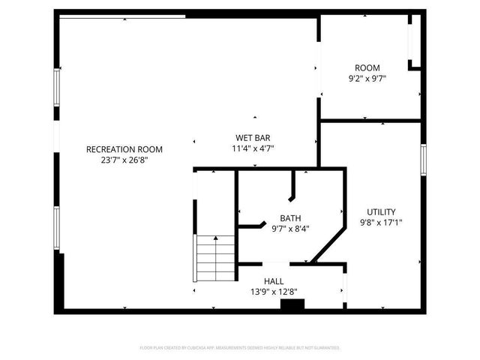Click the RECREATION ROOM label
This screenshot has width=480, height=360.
[124, 149]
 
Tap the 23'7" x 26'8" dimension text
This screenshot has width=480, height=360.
[124, 160]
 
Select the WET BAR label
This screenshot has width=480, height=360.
[253, 138]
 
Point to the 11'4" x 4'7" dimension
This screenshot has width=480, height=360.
[253, 148]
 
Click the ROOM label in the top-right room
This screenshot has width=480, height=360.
[367, 67]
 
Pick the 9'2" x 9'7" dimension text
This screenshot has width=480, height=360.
[367, 78]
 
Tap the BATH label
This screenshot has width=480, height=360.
[290, 218]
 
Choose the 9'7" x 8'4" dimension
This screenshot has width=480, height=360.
[290, 229]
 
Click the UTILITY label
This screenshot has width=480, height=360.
[381, 211]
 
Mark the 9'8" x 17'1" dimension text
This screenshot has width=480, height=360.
[381, 223]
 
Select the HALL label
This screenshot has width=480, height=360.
[273, 280]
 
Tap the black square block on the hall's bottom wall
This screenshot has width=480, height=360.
[292, 304]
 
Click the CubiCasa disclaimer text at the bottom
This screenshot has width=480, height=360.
[240, 348]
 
